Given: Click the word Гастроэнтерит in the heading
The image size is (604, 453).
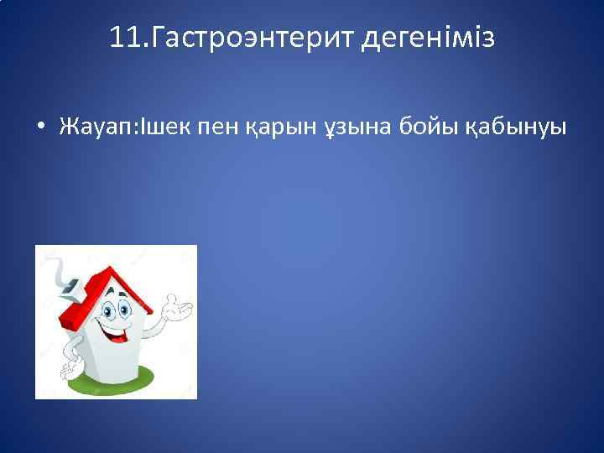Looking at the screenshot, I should [x=248, y=38].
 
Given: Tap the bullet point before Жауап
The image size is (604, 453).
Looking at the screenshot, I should [x=39, y=128].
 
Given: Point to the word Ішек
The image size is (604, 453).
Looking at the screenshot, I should [x=165, y=127].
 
